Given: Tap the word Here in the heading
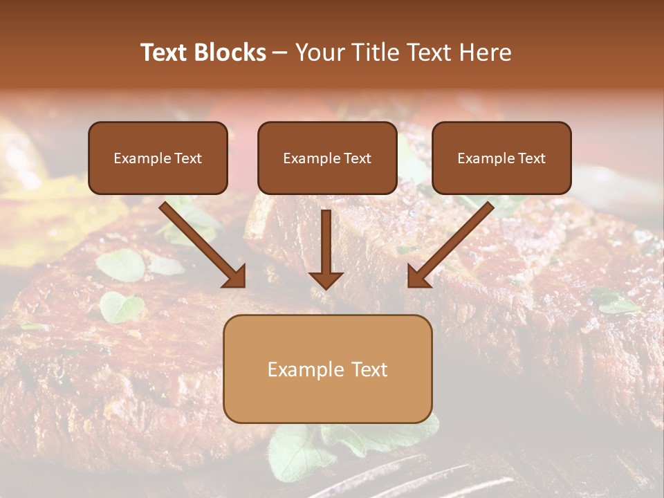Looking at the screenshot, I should click(484, 53).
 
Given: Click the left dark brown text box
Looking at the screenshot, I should click(158, 158).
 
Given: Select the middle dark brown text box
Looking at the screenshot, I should click(327, 158).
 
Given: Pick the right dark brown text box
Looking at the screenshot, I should click(501, 158).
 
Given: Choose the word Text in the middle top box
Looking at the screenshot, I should click(358, 158).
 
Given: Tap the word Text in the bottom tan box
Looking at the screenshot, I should click(369, 369).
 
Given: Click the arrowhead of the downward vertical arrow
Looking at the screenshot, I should click(326, 279).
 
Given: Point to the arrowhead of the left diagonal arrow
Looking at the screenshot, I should click(235, 277).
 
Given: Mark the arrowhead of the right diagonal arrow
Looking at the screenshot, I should click(418, 277).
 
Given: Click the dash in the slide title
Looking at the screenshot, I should click(280, 53).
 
